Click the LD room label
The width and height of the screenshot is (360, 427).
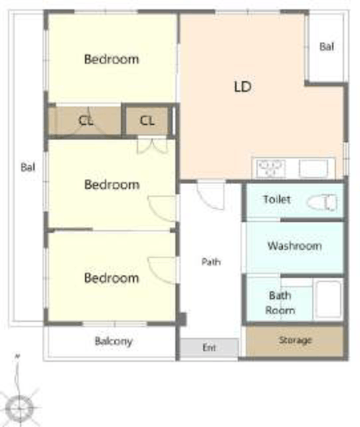(243, 87)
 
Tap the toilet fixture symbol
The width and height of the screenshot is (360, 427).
(322, 202)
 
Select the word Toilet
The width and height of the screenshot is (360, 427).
(277, 199)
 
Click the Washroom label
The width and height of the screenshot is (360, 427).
(295, 246)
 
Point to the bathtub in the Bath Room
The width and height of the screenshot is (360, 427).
(329, 299)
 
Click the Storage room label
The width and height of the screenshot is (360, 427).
(295, 340)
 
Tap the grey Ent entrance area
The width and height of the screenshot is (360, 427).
(209, 348)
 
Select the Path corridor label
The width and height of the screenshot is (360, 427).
(211, 262)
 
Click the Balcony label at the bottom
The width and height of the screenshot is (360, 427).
(114, 341)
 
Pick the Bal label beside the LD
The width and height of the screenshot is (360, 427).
(327, 47)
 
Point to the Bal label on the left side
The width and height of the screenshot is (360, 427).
(28, 167)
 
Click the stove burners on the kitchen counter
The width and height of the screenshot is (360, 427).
(271, 168)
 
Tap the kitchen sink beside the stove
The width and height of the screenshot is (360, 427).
(313, 169)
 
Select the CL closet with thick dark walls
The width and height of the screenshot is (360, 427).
(147, 120)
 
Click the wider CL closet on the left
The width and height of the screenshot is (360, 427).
(85, 121)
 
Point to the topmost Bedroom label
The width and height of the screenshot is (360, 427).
(111, 59)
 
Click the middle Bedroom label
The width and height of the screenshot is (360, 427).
(112, 185)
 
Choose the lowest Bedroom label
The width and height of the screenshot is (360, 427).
(111, 278)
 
